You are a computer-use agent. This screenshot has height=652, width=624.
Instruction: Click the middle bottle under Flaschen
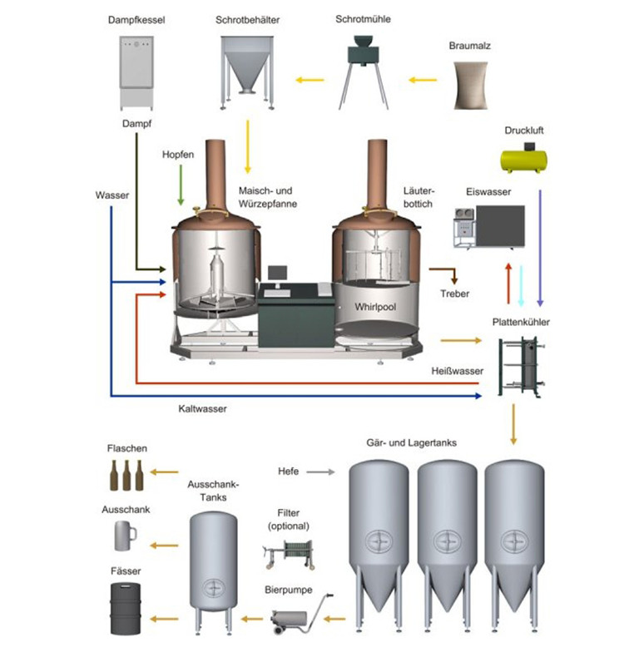[x=127, y=477]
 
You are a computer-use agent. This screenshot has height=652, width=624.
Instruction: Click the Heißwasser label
[x=458, y=371]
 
